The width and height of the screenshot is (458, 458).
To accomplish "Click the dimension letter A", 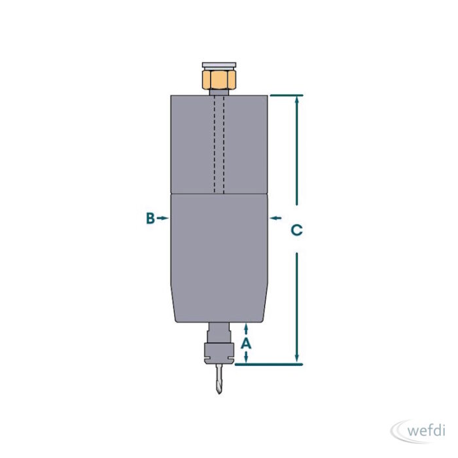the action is pyautogui.click(x=246, y=343).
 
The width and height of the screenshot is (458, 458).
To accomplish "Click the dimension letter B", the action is pyautogui.click(x=150, y=218).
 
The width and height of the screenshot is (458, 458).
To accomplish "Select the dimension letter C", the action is pyautogui.click(x=297, y=230).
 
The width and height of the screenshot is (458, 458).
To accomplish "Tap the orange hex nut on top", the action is pyautogui.click(x=219, y=79).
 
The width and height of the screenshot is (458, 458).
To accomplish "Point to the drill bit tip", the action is pyautogui.click(x=219, y=393).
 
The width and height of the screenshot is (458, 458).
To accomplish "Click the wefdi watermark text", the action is pyautogui.click(x=426, y=431).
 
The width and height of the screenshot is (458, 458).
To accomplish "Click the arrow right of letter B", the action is pyautogui.click(x=162, y=218).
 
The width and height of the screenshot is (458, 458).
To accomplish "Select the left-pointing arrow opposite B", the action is pyautogui.click(x=275, y=218).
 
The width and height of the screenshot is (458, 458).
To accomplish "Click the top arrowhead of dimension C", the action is pyautogui.click(x=297, y=100).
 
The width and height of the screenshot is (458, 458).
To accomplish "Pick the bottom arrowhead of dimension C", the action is pyautogui.click(x=297, y=359).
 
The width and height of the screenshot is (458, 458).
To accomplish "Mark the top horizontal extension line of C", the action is pyautogui.click(x=287, y=96).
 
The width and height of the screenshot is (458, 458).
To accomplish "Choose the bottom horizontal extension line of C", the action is pyautogui.click(x=269, y=364).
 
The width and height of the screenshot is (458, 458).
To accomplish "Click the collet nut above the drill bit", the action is pyautogui.click(x=219, y=353).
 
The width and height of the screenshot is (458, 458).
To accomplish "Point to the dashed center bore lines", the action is pyautogui.click(x=219, y=145).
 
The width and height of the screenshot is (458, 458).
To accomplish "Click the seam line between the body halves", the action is pyautogui.click(x=219, y=194).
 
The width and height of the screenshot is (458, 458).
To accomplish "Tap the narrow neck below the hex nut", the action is pyautogui.click(x=219, y=92).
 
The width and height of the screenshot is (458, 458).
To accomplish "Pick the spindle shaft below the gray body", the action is pyautogui.click(x=219, y=333).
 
